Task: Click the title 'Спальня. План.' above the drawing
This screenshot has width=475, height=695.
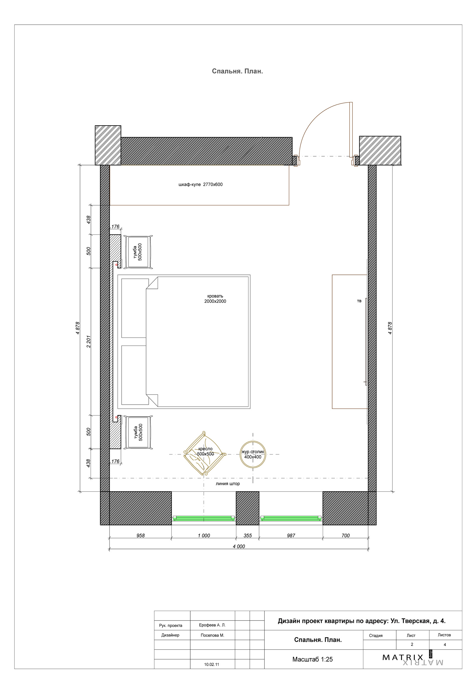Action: [x=237, y=71]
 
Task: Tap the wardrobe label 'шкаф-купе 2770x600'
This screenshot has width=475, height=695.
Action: [x=200, y=185]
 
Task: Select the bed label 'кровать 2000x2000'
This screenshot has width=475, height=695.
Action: [x=215, y=299]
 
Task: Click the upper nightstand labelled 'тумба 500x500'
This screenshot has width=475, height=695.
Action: [x=138, y=252]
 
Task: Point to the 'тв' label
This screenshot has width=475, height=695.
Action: [x=359, y=301]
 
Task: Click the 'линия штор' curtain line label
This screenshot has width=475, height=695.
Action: [x=228, y=484]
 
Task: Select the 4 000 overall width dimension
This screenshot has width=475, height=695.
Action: [x=239, y=546]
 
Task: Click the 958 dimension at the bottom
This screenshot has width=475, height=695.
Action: [x=140, y=536]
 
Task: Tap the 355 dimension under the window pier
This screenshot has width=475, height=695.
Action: [x=247, y=536]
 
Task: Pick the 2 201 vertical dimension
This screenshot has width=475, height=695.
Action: [x=88, y=341]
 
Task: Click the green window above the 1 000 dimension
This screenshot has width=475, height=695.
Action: [x=204, y=518]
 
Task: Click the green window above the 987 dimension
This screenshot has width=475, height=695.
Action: [x=291, y=518]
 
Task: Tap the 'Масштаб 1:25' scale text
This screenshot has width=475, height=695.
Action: [x=312, y=659]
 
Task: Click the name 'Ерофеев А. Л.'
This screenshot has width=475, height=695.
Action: [x=212, y=625]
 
